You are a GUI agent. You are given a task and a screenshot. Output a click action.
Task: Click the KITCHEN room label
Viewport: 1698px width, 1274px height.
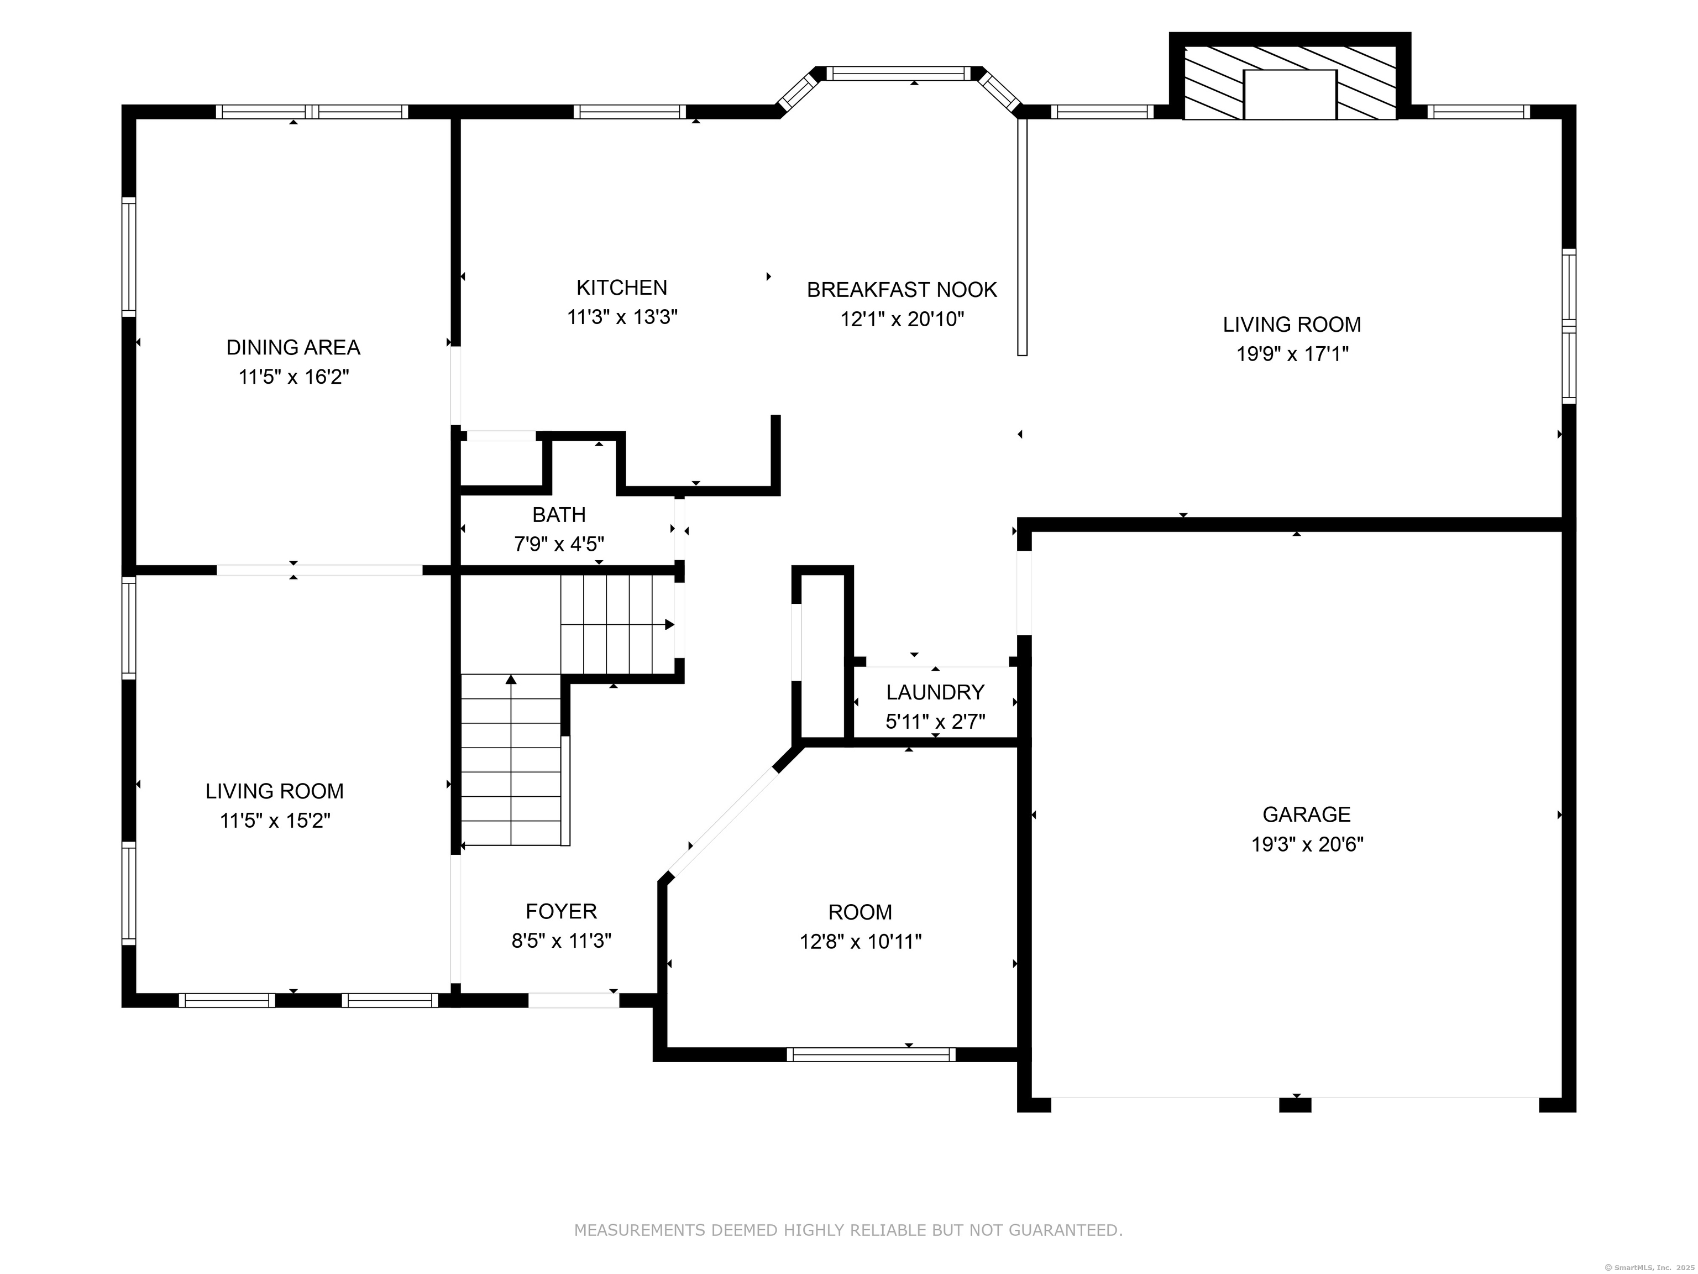pyautogui.click(x=622, y=287)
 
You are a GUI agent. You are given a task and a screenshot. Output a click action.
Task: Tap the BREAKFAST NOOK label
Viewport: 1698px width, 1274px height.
pyautogui.click(x=902, y=290)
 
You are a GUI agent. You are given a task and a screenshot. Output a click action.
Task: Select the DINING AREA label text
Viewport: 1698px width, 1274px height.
pyautogui.click(x=294, y=347)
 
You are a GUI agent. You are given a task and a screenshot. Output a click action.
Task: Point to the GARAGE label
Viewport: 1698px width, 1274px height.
pyautogui.click(x=1307, y=814)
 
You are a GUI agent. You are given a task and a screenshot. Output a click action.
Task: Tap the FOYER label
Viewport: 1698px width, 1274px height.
pyautogui.click(x=561, y=911)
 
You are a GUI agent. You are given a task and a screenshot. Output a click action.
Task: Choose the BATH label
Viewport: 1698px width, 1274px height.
pyautogui.click(x=559, y=514)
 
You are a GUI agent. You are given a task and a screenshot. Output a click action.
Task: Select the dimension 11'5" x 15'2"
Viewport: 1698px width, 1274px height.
pyautogui.click(x=275, y=821)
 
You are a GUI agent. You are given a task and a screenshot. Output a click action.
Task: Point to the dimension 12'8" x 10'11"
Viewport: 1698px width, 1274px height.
pyautogui.click(x=861, y=942)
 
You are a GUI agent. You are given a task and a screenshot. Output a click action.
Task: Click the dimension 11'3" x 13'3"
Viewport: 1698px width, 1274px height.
pyautogui.click(x=622, y=317)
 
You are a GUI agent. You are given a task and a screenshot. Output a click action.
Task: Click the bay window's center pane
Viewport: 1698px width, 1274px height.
pyautogui.click(x=898, y=74)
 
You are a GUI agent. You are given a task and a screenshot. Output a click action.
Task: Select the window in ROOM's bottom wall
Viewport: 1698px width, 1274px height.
pyautogui.click(x=871, y=1054)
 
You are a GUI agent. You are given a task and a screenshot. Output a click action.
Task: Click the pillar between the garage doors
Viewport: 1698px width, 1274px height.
pyautogui.click(x=1295, y=1105)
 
